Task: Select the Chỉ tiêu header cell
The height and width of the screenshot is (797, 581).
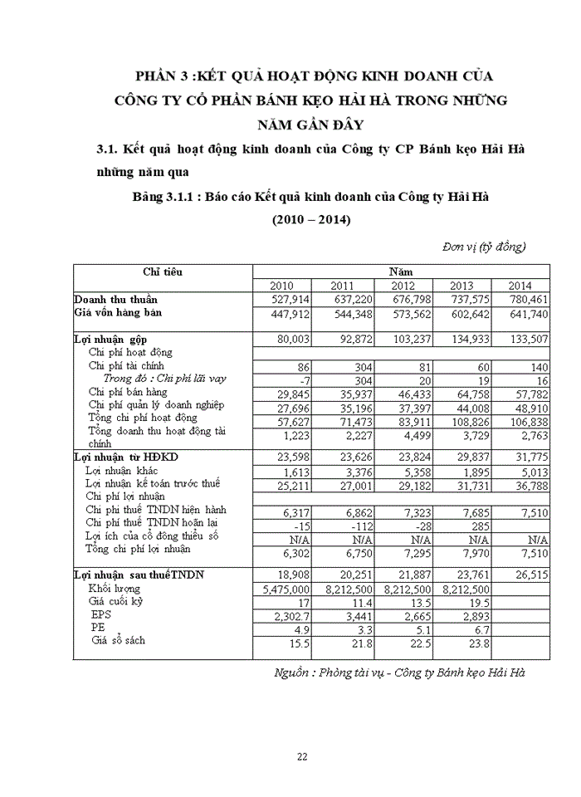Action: tap(162, 271)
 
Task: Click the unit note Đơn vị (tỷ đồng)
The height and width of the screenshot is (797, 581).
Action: tap(484, 247)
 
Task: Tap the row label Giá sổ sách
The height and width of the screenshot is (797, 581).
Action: tap(125, 642)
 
